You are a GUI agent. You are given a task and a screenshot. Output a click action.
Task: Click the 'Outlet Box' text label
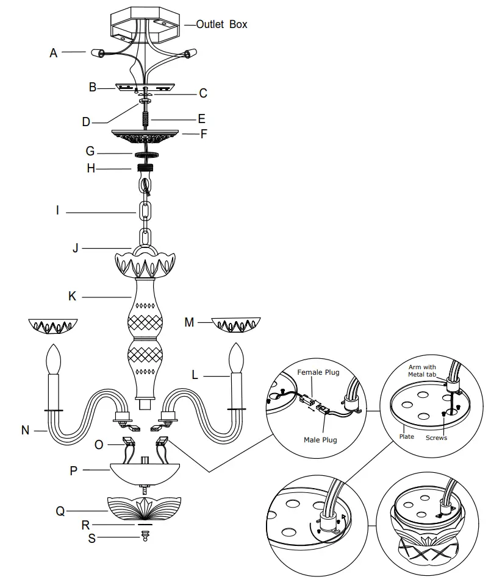point(222,25)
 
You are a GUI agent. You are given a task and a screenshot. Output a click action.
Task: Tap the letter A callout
point(54,54)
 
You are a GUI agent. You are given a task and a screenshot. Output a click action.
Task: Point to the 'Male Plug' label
point(320,439)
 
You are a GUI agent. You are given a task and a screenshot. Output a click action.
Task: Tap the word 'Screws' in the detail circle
point(436,437)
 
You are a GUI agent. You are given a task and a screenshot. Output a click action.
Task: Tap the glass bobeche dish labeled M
point(236,325)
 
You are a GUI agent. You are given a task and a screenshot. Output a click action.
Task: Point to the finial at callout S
point(145,535)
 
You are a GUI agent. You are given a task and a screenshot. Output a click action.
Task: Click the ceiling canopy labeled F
point(145,136)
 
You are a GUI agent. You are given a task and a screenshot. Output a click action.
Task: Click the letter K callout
point(73,297)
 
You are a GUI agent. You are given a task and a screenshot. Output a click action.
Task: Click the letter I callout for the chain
point(57,212)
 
